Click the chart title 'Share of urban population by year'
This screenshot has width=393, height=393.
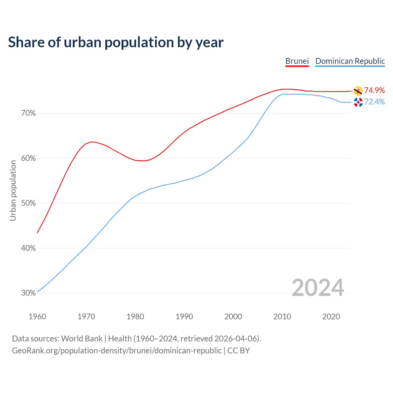[x=116, y=42]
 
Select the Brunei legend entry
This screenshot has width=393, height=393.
[x=297, y=61]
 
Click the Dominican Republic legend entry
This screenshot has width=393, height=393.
[x=350, y=61]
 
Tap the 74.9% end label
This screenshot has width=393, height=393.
[x=374, y=90]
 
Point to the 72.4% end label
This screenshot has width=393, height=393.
[x=374, y=102]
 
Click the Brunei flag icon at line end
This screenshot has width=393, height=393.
[x=358, y=91]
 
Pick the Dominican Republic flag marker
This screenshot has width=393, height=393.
[x=358, y=102]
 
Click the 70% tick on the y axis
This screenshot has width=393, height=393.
[x=29, y=113]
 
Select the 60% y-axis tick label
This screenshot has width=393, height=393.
[x=29, y=158]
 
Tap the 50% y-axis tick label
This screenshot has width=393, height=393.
[x=29, y=203]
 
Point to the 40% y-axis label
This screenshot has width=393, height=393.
[x=29, y=248]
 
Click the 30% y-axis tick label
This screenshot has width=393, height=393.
[x=29, y=293]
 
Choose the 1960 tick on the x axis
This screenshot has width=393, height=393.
[x=37, y=317]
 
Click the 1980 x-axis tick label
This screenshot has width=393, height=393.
[x=135, y=317]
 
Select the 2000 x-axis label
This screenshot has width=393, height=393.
[x=233, y=317]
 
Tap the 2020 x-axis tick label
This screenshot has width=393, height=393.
[x=331, y=317]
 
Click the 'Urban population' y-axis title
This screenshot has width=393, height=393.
[x=13, y=190]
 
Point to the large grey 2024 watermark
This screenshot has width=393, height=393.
[x=318, y=288]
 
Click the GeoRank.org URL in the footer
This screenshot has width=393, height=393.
[x=117, y=351]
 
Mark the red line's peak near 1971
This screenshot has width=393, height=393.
[x=91, y=142]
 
